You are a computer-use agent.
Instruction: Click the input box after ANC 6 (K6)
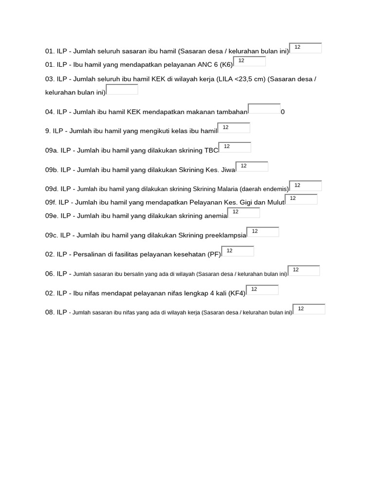tap(250, 61)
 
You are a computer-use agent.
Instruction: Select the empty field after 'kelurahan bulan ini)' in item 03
tap(122, 90)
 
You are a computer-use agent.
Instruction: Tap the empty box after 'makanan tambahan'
tap(264, 109)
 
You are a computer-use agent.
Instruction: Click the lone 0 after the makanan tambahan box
tap(283, 112)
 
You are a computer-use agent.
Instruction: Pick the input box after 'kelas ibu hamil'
tap(234, 128)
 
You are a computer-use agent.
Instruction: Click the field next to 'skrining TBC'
tap(235, 147)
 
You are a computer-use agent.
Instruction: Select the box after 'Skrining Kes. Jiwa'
tap(252, 167)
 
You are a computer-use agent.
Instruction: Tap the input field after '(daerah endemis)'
tap(305, 186)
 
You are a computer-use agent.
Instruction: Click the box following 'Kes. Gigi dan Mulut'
tap(301, 199)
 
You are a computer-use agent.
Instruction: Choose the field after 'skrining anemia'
tap(243, 212)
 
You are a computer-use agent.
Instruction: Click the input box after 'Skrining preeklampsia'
tap(263, 232)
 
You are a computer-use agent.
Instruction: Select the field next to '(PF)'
tap(238, 251)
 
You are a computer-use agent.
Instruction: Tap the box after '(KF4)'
tap(262, 290)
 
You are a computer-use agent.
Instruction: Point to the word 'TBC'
tap(211, 151)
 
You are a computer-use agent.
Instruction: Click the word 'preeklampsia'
tap(225, 235)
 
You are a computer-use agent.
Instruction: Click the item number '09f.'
tap(52, 202)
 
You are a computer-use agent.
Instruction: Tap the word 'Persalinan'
tap(89, 254)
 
